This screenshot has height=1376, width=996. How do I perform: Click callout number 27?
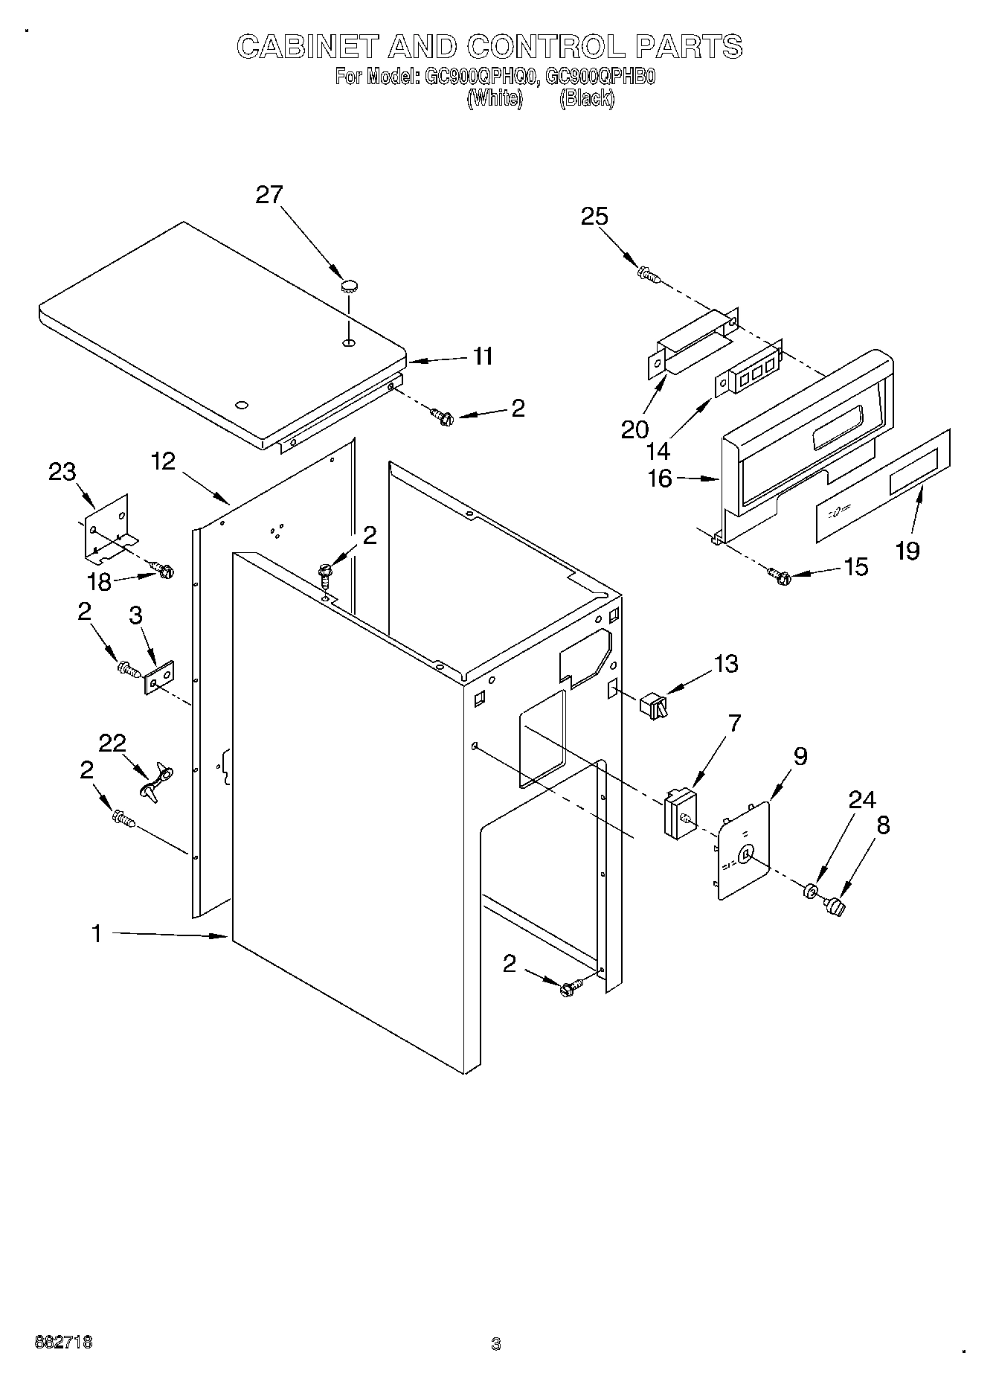click(x=269, y=195)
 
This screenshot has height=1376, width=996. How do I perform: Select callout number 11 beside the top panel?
click(x=483, y=356)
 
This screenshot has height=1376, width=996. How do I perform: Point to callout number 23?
click(x=62, y=471)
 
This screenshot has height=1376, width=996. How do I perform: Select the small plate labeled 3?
click(x=159, y=677)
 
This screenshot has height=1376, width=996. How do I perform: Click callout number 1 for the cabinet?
click(x=96, y=933)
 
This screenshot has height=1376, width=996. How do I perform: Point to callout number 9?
click(x=800, y=756)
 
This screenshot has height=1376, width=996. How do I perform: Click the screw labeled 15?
click(x=778, y=575)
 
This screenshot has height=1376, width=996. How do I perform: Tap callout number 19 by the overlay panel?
click(x=907, y=551)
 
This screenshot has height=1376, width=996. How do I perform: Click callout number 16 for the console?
click(x=659, y=479)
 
